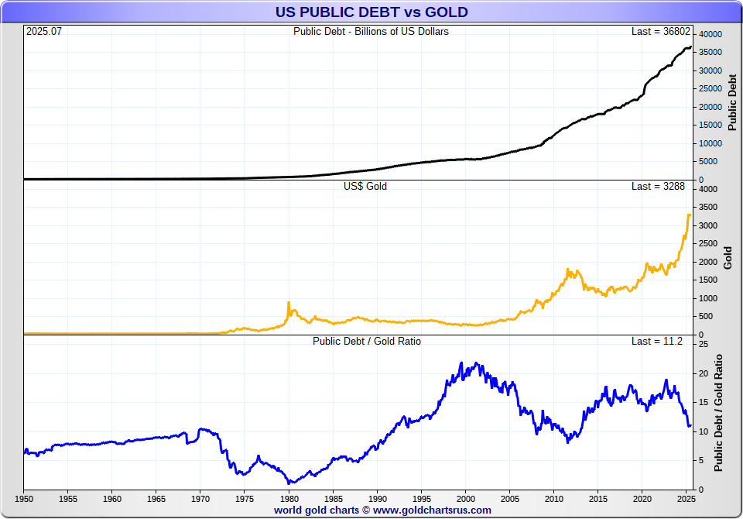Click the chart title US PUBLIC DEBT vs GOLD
coord(371,12)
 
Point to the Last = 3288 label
coord(658,187)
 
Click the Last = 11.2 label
coord(658,341)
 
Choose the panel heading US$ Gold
coord(365,187)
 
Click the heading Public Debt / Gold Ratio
coord(367,341)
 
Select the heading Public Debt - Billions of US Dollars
coord(371,32)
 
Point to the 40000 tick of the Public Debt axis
coord(710,35)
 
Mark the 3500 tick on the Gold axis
coord(707,208)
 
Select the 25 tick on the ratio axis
coord(703,344)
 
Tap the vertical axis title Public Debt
coord(733,101)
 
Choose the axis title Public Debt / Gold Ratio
coord(719,412)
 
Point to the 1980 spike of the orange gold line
coord(289,303)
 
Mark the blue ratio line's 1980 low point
coord(289,483)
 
